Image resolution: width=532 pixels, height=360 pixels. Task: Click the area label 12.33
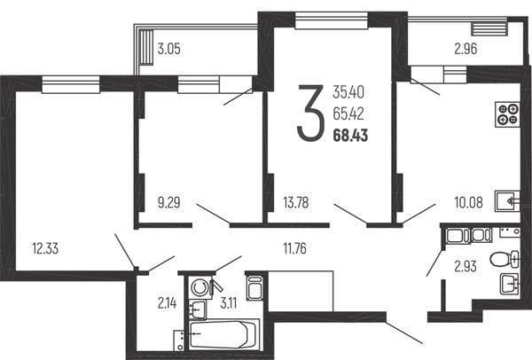coord(45,248)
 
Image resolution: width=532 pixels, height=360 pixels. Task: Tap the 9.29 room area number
coord(169,203)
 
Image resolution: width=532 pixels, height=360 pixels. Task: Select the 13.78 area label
coord(296,203)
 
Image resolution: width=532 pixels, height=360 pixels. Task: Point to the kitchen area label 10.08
coord(468,203)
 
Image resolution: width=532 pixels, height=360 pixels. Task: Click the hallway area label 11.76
coord(295,248)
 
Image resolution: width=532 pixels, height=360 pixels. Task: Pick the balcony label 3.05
coord(169,49)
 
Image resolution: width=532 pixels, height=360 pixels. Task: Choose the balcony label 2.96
coord(465,49)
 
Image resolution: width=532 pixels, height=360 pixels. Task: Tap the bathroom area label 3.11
coord(229,303)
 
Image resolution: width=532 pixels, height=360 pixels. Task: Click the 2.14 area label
coord(167,303)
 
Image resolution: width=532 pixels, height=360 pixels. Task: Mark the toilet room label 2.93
coord(465,267)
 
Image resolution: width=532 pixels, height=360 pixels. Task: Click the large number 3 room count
coord(309,113)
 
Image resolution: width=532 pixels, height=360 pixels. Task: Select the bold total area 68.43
coord(350,136)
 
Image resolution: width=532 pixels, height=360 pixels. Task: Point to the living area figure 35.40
coord(348,92)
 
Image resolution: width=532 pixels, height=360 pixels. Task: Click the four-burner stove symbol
coord(507,114)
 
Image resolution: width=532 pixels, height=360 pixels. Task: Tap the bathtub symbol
coord(223,334)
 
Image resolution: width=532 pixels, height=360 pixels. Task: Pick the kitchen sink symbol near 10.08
coord(507,201)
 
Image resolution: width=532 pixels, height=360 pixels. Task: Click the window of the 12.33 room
coord(71,84)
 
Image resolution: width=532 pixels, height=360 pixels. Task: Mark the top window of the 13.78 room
coord(332,20)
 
